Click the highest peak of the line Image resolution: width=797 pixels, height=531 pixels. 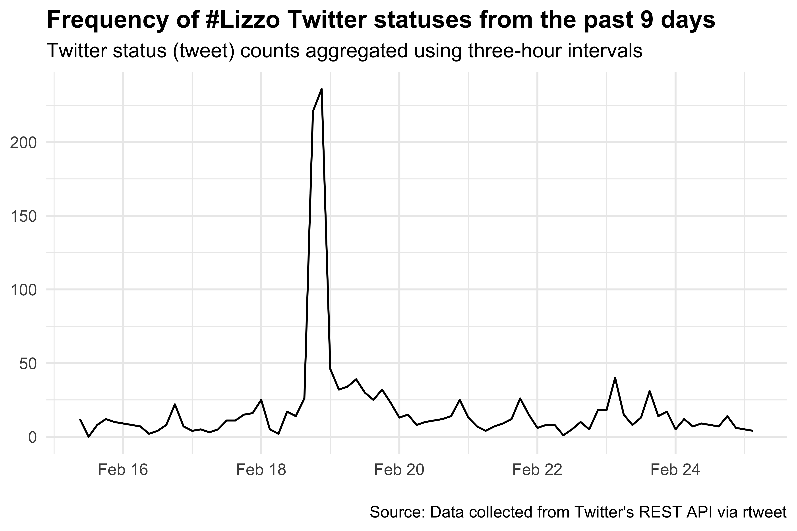[321, 89]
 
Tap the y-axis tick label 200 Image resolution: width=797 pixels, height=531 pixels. [23, 143]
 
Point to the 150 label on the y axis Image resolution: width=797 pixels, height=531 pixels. [23, 217]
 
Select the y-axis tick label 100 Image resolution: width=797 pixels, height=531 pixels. [23, 291]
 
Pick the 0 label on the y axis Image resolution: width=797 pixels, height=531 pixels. [32, 438]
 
